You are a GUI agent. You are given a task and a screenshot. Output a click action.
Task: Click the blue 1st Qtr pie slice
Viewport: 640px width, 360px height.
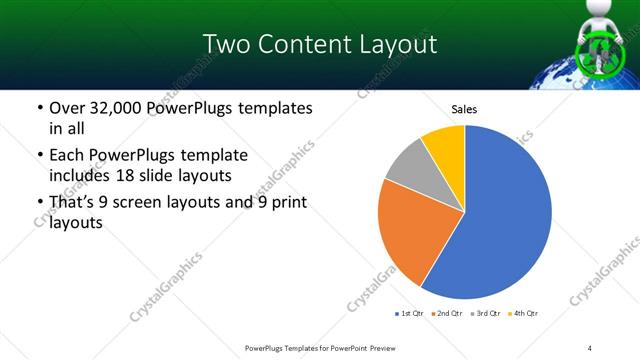click(x=510, y=220)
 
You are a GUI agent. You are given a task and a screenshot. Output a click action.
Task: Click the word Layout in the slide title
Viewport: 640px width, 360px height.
click(x=390, y=45)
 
